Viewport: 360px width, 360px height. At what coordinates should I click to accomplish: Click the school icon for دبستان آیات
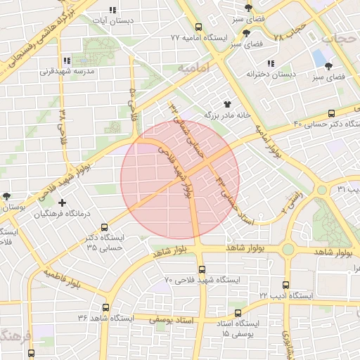(112, 11)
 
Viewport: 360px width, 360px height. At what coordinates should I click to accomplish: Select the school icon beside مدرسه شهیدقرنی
(67, 61)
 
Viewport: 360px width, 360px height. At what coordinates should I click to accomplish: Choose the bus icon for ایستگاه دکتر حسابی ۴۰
(333, 113)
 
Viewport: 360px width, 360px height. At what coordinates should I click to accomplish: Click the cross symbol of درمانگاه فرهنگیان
(63, 203)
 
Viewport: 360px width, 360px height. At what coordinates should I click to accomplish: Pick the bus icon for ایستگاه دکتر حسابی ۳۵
(105, 228)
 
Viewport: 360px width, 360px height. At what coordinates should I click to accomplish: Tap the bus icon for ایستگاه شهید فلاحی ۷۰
(202, 269)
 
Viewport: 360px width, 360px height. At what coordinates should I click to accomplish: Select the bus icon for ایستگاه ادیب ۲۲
(285, 285)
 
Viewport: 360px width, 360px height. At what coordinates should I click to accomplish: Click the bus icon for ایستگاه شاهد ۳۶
(106, 308)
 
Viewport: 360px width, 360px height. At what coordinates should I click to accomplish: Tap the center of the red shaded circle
(180, 179)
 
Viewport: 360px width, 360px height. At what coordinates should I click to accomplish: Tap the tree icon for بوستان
(7, 196)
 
